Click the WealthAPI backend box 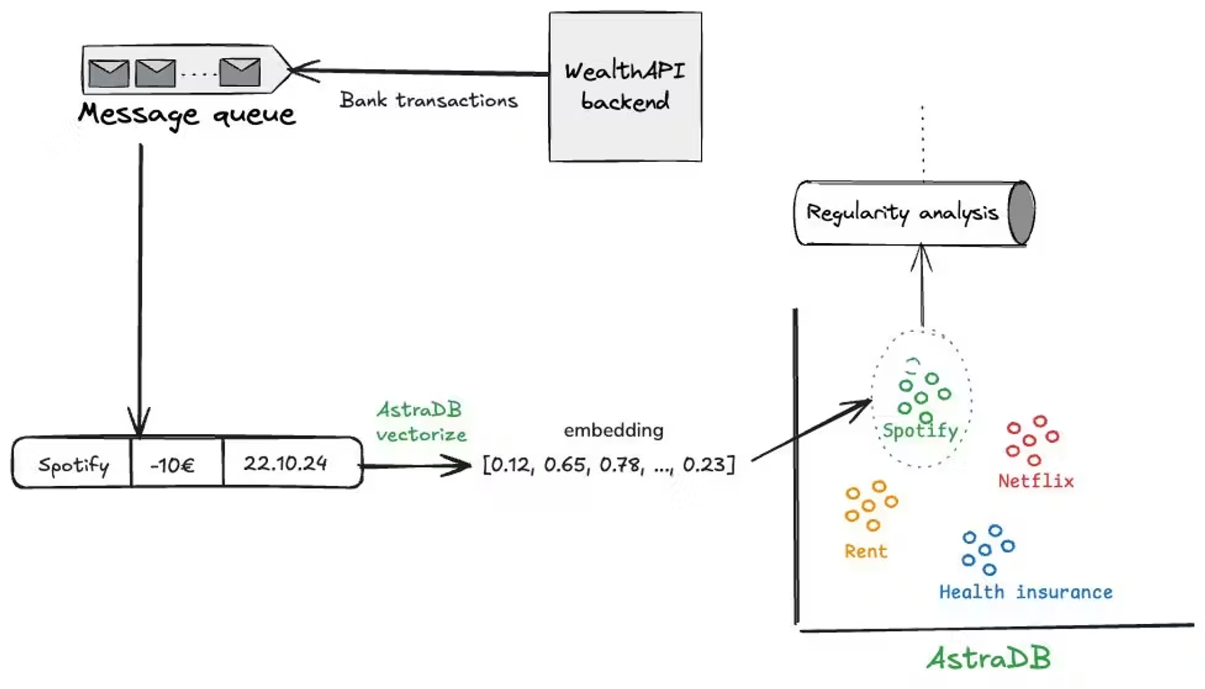click(625, 86)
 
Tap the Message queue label click(187, 115)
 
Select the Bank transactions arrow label click(428, 101)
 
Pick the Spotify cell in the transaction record click(73, 465)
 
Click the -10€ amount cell click(172, 465)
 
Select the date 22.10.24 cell click(285, 464)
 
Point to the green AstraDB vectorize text click(421, 422)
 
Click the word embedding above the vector click(613, 430)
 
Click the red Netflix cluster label click(1036, 481)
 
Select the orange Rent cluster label click(866, 551)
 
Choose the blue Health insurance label click(1026, 592)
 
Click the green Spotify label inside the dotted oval click(920, 431)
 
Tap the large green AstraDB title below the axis click(988, 658)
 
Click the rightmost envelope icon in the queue click(239, 72)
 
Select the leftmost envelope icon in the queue click(109, 73)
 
